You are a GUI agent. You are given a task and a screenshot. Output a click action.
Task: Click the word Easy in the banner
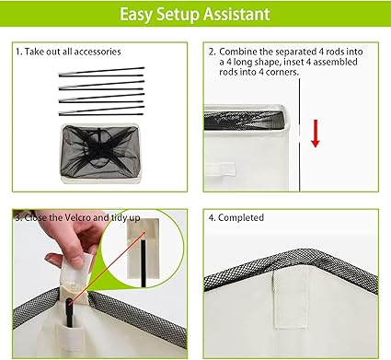pyautogui.click(x=135, y=15)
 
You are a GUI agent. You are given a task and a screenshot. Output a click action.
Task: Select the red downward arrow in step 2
pyautogui.click(x=316, y=134)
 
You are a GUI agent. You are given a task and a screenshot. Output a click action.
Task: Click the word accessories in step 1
pyautogui.click(x=98, y=52)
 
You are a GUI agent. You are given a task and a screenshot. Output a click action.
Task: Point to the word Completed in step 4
pyautogui.click(x=241, y=217)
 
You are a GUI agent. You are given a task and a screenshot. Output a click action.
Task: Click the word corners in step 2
pyautogui.click(x=282, y=73)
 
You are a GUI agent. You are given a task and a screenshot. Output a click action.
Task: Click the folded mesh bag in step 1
pyautogui.click(x=99, y=153)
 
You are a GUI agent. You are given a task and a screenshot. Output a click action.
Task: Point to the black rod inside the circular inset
pyautogui.click(x=144, y=263)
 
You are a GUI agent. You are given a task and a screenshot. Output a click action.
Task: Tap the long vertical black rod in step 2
pyautogui.click(x=299, y=135)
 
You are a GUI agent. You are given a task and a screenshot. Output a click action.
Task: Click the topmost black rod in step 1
pyautogui.click(x=101, y=71)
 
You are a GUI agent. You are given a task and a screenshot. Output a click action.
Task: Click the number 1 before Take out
pyautogui.click(x=18, y=52)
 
